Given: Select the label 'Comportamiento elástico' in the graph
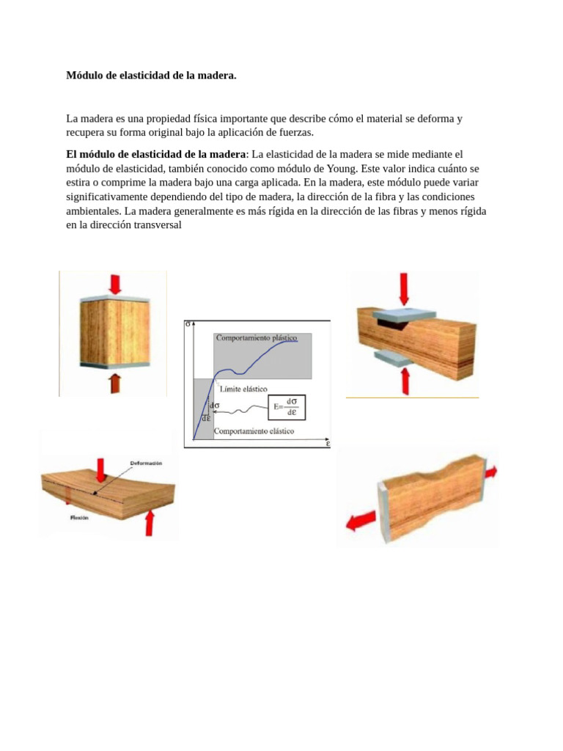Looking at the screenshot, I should (254, 431).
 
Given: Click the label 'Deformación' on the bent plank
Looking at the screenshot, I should (146, 464).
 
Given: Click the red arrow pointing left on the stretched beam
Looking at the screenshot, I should (358, 521).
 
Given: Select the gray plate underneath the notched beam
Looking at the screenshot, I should (392, 356).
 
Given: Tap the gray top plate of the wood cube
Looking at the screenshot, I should (114, 299).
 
